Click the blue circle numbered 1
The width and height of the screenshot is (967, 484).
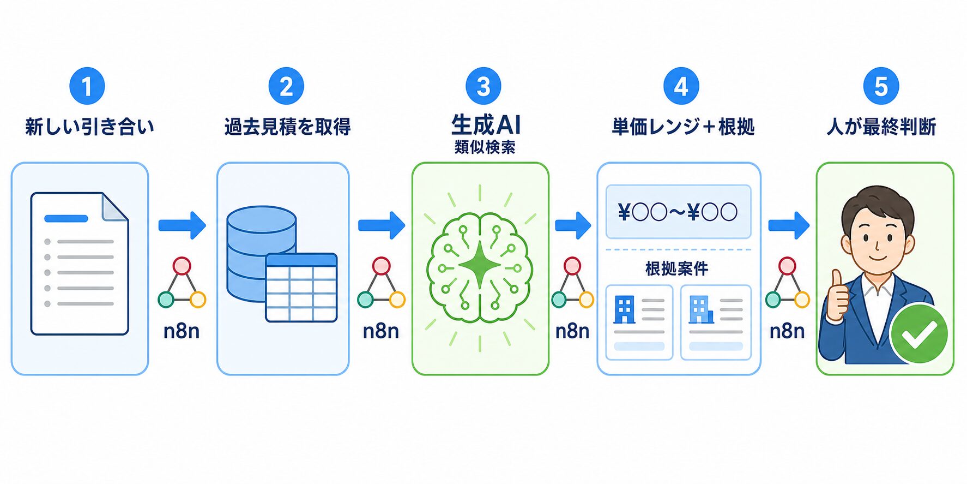pos(87,86)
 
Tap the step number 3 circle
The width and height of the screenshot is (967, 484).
pos(483,86)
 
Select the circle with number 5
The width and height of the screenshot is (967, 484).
pos(881,86)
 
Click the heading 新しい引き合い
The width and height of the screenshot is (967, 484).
pos(90,127)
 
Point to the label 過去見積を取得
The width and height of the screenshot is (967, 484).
pos(287,127)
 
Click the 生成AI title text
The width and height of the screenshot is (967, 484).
pos(486,124)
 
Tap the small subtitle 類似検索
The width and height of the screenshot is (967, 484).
pos(485,147)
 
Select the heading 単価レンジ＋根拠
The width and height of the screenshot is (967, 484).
pos(683,127)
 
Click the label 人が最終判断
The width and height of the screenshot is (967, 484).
pos(881,127)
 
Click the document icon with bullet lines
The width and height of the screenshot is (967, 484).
pos(80,264)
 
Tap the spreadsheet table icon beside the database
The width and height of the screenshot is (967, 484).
pos(301,288)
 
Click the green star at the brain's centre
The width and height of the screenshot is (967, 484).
pos(480,266)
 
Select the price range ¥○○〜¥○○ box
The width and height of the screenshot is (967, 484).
pos(678,212)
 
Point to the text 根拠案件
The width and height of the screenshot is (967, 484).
pos(677,268)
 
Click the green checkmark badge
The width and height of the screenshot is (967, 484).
pos(919,333)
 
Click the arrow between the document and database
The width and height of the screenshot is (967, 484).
pos(182,225)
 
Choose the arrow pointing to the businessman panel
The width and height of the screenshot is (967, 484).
pos(789,225)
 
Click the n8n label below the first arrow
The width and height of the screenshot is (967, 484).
pos(182,331)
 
